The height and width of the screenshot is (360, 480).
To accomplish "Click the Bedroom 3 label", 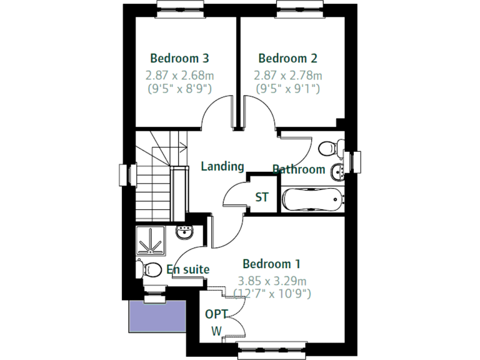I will click(179, 59).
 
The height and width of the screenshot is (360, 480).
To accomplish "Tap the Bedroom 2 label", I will click(287, 59).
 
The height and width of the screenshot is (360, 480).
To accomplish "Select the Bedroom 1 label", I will click(271, 264).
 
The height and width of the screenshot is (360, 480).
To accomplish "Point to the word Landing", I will click(222, 166).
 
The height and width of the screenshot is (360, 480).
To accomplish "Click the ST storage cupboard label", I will click(262, 197).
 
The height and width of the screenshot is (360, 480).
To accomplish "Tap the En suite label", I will click(187, 269).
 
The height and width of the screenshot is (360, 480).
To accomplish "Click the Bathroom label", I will click(299, 169).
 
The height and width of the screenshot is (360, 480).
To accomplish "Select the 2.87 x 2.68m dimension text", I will click(179, 76).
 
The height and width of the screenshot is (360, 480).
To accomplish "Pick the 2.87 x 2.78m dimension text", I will click(287, 76).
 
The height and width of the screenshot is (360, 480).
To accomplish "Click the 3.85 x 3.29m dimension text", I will click(272, 281).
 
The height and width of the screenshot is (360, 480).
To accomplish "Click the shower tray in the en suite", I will click(151, 241).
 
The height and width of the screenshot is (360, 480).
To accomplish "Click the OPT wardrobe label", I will click(216, 314).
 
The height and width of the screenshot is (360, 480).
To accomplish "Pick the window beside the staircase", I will click(125, 175).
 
